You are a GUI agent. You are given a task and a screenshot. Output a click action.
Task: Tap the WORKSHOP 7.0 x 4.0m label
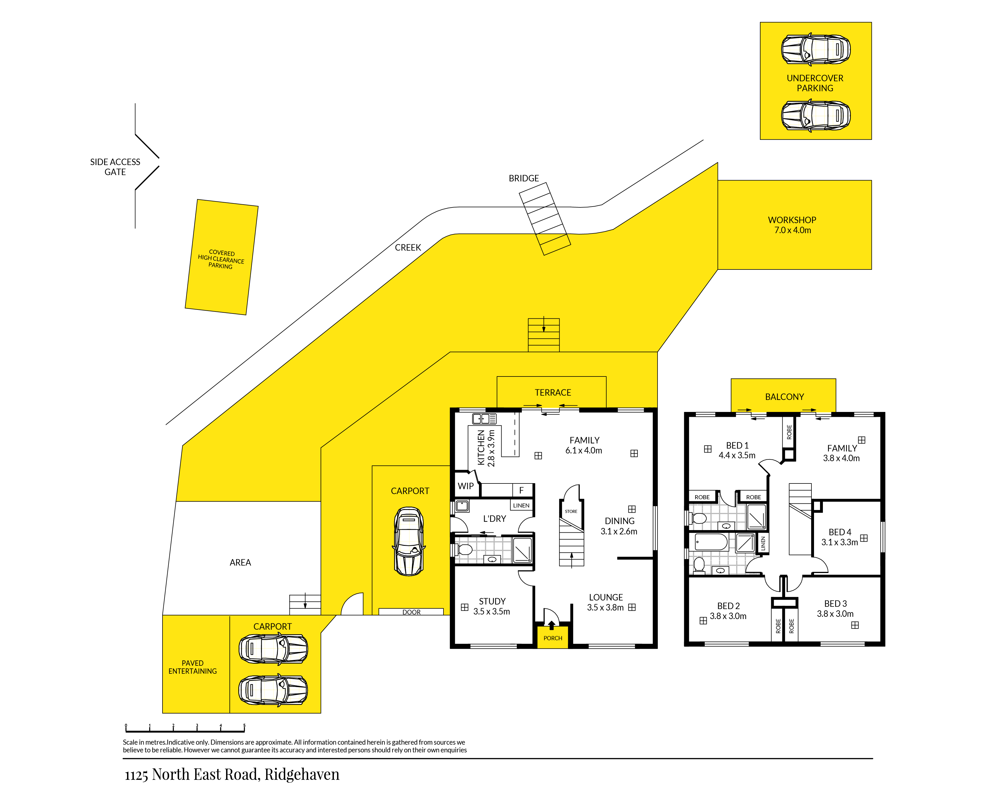pos(792,225)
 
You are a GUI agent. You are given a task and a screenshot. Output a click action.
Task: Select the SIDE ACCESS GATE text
pos(115,167)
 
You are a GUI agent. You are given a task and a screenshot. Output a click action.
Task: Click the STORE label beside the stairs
pos(571,511)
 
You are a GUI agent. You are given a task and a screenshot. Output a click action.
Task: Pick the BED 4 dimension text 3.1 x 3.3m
pos(839,542)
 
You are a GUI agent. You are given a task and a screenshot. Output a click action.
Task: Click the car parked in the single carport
pos(409,542)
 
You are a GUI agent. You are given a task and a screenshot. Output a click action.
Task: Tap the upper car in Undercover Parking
pos(815,49)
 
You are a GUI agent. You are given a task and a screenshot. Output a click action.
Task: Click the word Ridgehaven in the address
pos(302,774)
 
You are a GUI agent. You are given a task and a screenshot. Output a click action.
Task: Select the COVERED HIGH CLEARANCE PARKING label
pos(221,259)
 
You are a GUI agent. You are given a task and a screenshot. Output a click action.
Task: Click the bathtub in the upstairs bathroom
pos(711,542)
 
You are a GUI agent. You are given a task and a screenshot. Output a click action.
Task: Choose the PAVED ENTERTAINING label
pos(192,667)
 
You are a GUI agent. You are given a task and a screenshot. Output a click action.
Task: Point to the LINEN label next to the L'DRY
pos(521,505)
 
